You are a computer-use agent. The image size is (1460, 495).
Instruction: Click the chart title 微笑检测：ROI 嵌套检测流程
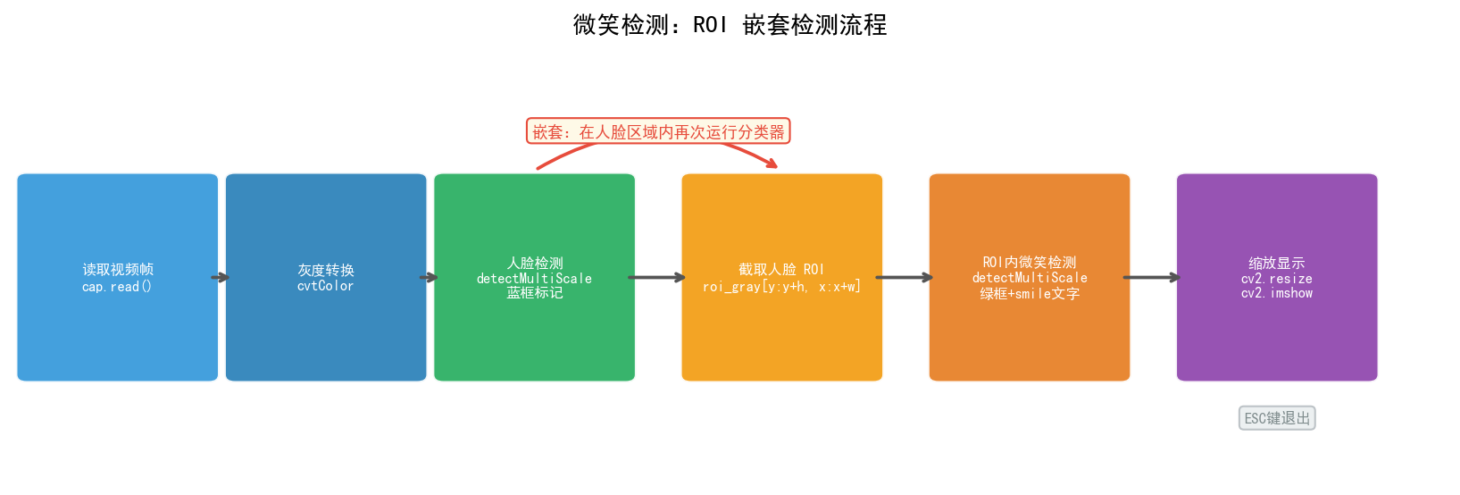coord(730,25)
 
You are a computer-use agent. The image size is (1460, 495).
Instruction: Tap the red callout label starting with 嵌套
coord(658,132)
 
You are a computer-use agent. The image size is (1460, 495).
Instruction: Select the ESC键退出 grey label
coord(1277,418)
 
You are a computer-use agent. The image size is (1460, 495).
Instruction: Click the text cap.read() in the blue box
coord(117,287)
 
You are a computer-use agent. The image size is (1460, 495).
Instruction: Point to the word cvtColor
coord(326,286)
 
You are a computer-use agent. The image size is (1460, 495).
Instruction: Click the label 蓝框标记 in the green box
coord(535,293)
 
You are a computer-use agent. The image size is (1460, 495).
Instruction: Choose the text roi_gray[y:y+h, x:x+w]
coord(781,287)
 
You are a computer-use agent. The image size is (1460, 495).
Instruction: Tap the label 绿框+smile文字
coord(1030,293)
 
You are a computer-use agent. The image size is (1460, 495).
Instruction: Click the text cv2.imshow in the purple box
coord(1277,293)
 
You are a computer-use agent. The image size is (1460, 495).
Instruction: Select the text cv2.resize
coord(1277,279)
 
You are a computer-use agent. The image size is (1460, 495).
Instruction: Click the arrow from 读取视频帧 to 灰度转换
coord(221,278)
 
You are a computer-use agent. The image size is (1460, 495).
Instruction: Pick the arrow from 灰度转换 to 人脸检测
coord(430,278)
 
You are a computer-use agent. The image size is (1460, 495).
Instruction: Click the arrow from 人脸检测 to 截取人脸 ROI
coord(657,278)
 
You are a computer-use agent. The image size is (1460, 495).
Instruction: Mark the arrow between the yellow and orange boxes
coord(905,278)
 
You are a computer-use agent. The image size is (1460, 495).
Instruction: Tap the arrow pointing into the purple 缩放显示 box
coord(1152,278)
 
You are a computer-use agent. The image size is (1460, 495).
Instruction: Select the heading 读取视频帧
coord(118,270)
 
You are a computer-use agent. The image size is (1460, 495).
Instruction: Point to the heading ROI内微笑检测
coord(1030,263)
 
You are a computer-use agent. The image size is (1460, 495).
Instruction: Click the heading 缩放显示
coord(1277,264)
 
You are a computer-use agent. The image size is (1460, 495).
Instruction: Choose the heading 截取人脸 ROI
coord(781,270)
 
